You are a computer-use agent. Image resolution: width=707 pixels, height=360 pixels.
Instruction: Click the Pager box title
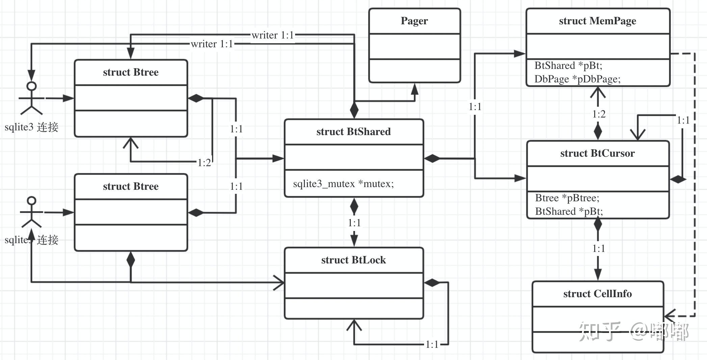tap(414, 21)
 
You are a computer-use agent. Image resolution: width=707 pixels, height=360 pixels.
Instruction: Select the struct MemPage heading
tap(597, 21)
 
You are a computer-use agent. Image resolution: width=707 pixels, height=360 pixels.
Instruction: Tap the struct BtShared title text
tap(353, 132)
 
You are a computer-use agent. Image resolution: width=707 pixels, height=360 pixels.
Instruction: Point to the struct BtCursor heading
tap(597, 153)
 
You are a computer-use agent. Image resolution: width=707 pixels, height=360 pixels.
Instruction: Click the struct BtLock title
tap(353, 260)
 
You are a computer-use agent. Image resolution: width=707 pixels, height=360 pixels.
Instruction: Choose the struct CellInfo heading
tap(597, 294)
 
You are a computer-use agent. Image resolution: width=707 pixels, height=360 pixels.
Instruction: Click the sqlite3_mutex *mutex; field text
tap(343, 184)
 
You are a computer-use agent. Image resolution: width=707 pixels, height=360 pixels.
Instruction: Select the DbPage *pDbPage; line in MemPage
tap(577, 79)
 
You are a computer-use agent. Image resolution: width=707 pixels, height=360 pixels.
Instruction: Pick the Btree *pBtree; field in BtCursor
tap(567, 198)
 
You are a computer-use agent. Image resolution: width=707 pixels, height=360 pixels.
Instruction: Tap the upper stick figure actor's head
tap(32, 86)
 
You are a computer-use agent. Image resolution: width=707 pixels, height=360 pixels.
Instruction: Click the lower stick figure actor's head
tap(32, 201)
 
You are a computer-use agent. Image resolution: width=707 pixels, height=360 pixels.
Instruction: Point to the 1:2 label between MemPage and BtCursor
tap(599, 114)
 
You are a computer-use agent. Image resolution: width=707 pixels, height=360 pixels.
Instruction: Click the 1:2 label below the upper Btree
tap(204, 163)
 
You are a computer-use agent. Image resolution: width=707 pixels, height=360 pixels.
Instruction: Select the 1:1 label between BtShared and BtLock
tap(354, 223)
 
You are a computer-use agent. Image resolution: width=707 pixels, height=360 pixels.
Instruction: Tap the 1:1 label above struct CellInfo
tap(599, 249)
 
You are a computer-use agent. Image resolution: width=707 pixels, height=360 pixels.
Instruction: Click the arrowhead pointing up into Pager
tap(415, 89)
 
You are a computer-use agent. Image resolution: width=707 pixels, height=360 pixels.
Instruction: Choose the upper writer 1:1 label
tap(272, 35)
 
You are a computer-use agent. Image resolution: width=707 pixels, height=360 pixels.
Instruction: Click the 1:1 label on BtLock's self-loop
tap(432, 344)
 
